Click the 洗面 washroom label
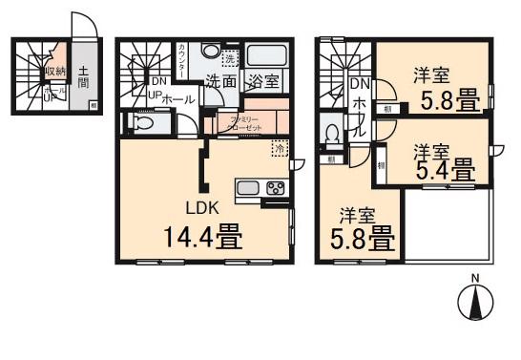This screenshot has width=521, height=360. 224,82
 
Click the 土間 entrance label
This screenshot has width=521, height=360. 84,75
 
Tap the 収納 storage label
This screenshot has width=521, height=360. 54,72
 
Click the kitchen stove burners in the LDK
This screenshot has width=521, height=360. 275,187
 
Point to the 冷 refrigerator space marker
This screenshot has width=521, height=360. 280,149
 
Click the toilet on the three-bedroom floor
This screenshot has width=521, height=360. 333,135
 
